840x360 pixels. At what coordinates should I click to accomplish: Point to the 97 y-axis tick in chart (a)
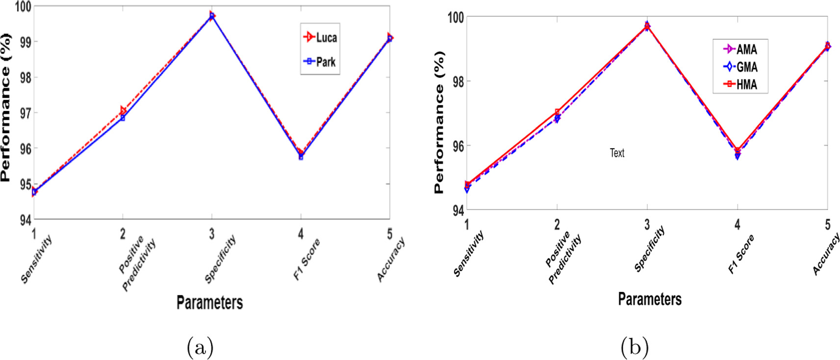click(x=25, y=113)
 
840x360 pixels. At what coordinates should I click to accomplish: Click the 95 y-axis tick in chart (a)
click(x=25, y=184)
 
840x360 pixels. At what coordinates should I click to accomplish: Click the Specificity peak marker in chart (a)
click(x=212, y=16)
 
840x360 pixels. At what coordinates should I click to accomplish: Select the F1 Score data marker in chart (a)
click(x=301, y=155)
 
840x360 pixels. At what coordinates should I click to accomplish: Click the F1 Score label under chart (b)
click(x=740, y=254)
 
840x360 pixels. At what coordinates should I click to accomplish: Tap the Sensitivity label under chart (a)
click(x=36, y=258)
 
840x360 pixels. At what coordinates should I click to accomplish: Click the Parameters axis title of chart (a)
click(x=209, y=303)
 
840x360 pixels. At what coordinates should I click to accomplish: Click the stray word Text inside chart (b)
click(x=617, y=153)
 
